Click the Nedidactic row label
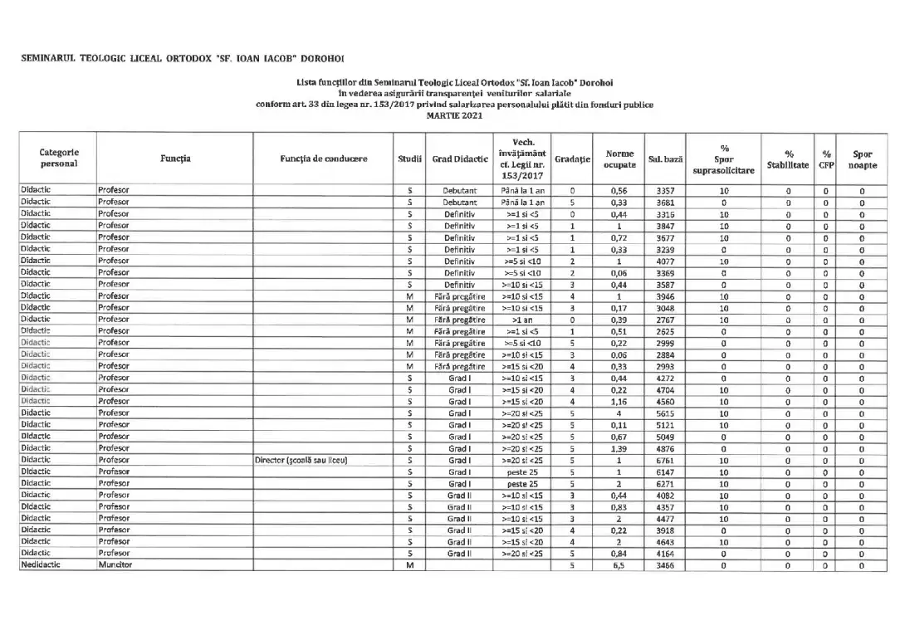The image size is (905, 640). (42, 565)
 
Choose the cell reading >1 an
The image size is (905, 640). (523, 320)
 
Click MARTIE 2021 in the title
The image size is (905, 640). (454, 115)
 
